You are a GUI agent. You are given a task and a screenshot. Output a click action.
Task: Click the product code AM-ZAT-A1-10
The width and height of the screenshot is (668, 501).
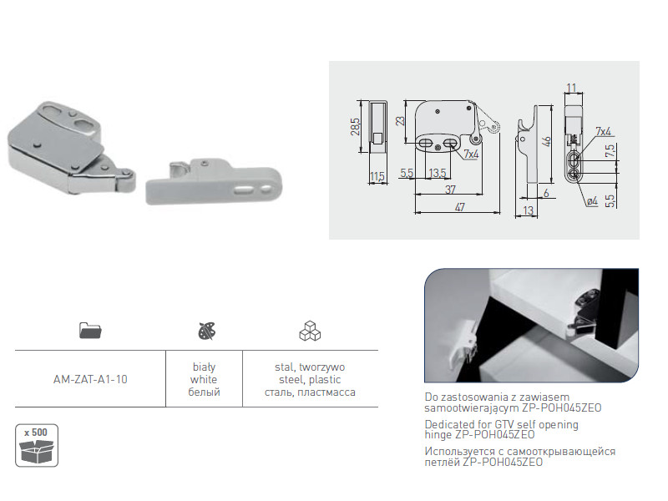click(90, 379)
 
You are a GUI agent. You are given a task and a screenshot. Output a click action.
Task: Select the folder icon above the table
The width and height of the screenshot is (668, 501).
click(90, 330)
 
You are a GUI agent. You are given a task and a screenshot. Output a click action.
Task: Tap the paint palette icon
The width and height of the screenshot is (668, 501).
click(207, 331)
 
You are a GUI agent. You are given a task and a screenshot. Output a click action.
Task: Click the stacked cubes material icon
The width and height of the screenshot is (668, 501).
click(310, 331)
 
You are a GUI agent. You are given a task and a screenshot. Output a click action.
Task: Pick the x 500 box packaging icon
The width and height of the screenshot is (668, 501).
click(37, 445)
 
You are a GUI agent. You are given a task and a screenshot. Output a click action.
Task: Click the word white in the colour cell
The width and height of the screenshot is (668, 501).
click(204, 379)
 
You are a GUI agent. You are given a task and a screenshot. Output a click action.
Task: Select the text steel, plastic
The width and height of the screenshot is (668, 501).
click(310, 379)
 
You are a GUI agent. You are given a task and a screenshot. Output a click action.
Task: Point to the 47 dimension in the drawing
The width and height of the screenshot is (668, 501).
click(460, 207)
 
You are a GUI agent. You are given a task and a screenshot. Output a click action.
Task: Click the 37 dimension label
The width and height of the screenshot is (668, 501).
click(450, 190)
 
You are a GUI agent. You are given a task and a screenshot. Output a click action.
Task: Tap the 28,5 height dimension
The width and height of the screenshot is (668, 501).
click(356, 127)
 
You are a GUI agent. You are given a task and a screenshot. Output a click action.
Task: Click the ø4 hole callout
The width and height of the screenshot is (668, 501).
click(592, 200)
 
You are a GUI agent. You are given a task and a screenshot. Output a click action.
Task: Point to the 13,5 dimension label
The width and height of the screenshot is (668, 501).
click(438, 173)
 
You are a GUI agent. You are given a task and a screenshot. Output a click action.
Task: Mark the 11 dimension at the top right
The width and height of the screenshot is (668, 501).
click(571, 88)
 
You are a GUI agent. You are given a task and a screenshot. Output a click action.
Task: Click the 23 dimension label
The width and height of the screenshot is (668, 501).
click(400, 120)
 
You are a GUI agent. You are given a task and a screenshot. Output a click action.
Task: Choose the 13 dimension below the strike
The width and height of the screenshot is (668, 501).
click(529, 210)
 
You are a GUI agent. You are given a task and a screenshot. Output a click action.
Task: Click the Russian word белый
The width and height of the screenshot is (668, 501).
click(204, 392)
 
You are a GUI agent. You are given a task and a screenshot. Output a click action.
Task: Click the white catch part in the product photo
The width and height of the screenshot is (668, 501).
click(214, 182)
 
